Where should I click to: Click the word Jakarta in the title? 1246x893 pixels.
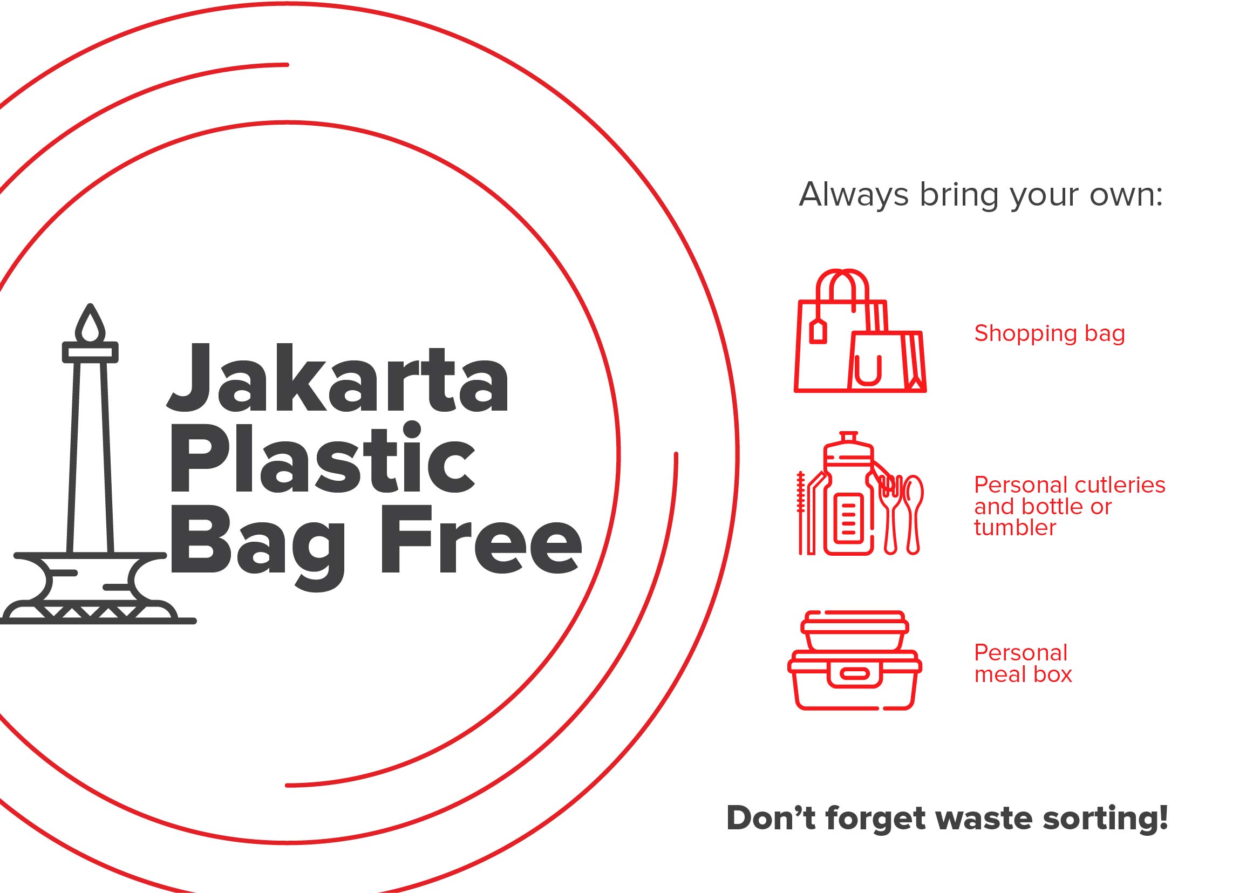click(x=337, y=379)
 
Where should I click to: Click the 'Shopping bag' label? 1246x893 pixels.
click(x=1050, y=333)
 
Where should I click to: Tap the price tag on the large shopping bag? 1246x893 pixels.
click(x=818, y=332)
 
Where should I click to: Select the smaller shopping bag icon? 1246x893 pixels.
click(x=886, y=362)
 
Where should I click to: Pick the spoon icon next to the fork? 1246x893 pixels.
click(x=913, y=511)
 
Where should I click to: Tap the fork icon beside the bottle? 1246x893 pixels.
click(x=890, y=511)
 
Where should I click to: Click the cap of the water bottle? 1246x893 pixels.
click(x=849, y=437)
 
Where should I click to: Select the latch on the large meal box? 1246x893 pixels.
click(x=854, y=674)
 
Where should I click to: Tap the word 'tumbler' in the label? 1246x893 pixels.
click(x=1014, y=528)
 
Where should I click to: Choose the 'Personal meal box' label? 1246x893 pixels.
click(x=1023, y=664)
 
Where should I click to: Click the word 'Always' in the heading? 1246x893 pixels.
click(x=853, y=194)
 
